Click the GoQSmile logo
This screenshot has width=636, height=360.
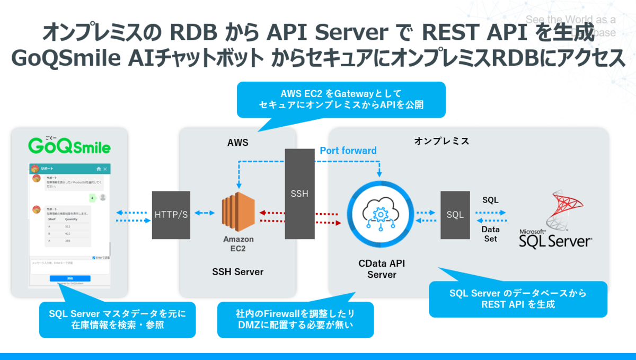(x=69, y=145)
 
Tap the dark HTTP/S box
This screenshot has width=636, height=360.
(x=171, y=215)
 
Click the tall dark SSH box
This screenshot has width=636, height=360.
(x=299, y=194)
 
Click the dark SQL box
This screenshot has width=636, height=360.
(x=455, y=215)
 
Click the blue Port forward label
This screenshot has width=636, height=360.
(x=348, y=151)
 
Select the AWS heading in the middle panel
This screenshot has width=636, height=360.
(x=237, y=143)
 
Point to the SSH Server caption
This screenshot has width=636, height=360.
(x=237, y=272)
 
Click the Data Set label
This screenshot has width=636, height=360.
(x=490, y=234)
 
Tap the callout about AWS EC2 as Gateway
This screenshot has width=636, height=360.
(x=341, y=99)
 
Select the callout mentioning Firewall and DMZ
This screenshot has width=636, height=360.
(x=295, y=319)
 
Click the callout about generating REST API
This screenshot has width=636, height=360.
(x=517, y=298)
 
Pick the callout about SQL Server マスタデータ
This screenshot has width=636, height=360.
(x=117, y=319)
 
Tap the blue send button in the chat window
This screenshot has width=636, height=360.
(x=70, y=278)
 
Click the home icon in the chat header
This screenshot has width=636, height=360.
(x=98, y=169)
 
